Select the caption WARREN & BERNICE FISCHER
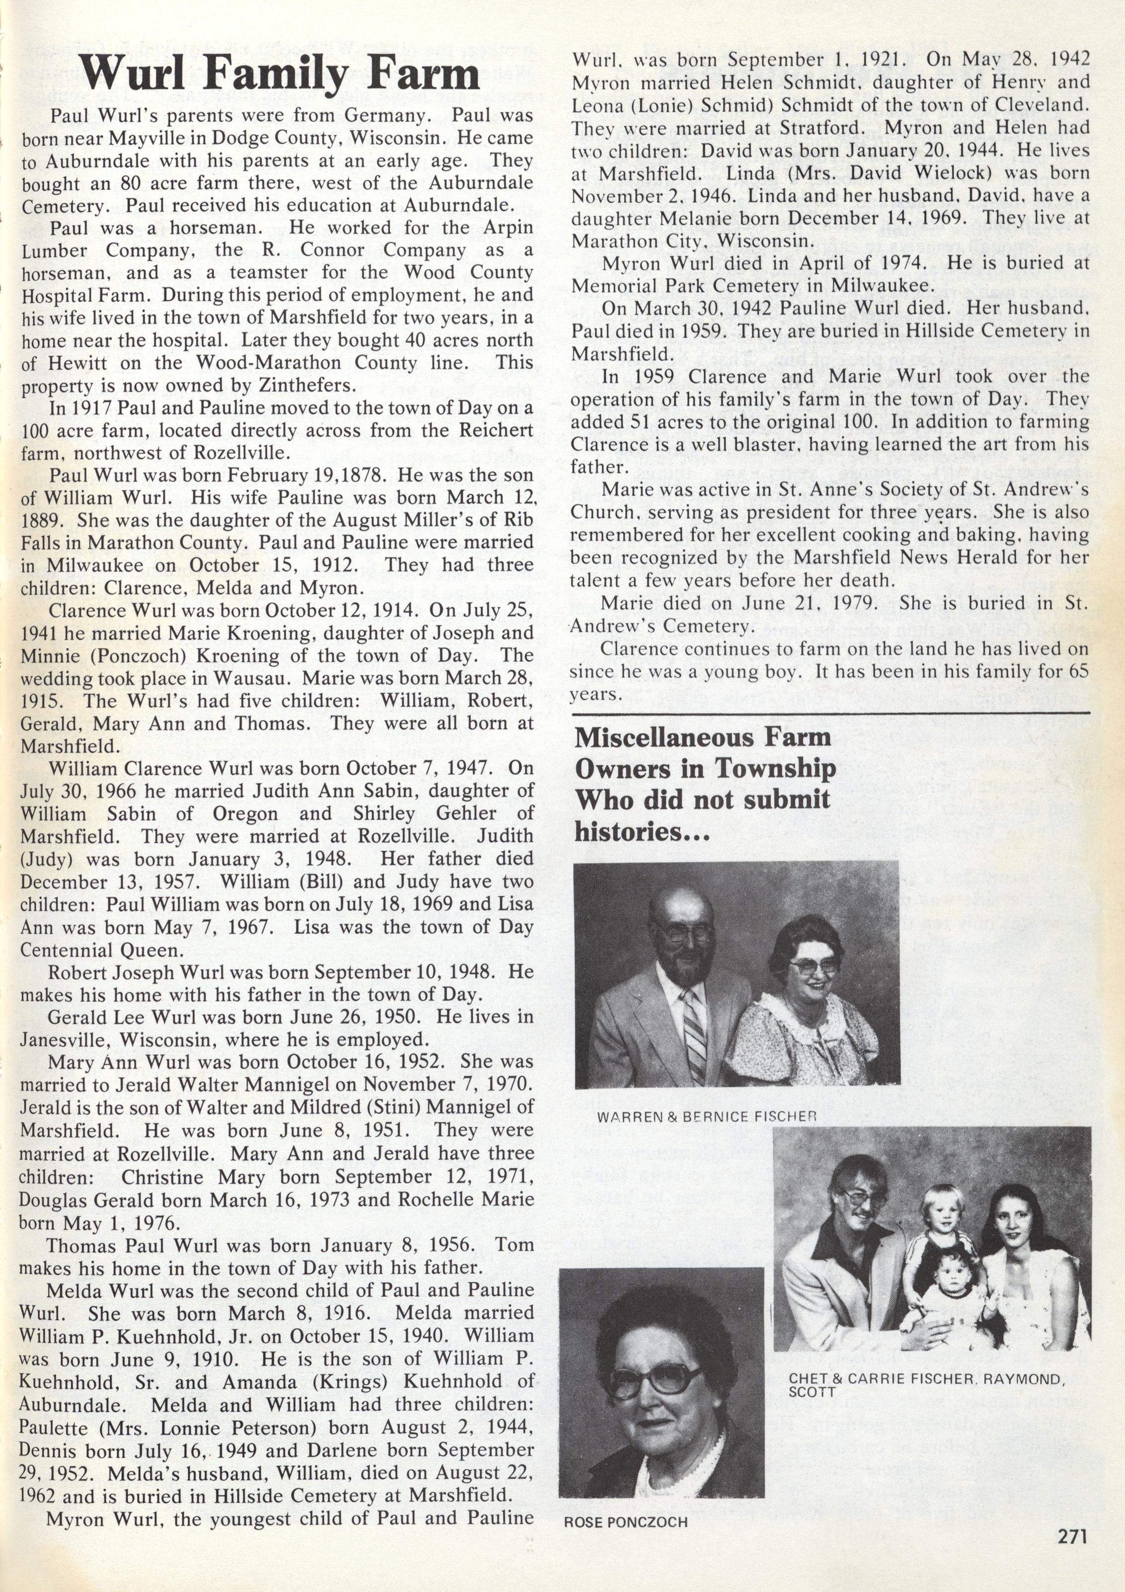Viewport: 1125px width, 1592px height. [706, 1116]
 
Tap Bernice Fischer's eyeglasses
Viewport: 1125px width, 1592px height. [809, 965]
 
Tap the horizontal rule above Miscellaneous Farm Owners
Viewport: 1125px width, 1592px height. [829, 712]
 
